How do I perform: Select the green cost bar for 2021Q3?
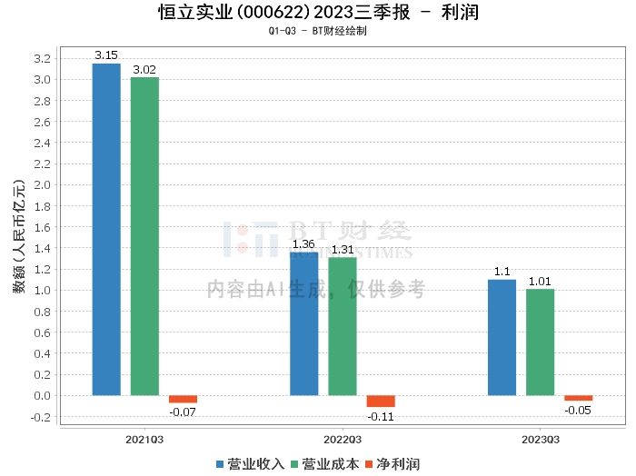[x=144, y=236]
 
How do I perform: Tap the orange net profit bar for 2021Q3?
[x=183, y=399]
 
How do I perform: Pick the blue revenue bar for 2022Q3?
[x=304, y=323]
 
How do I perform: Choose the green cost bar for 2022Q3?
[x=343, y=326]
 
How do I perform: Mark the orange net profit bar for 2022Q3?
[x=381, y=401]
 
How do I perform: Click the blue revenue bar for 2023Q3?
[x=502, y=337]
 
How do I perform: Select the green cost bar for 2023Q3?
[x=540, y=342]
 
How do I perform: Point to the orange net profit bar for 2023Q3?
[x=578, y=398]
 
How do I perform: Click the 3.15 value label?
[x=106, y=56]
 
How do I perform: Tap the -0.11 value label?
[x=381, y=415]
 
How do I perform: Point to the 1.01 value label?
[x=540, y=282]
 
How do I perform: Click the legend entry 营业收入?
[x=250, y=464]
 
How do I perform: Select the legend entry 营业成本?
[x=323, y=464]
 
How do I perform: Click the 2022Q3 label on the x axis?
[x=343, y=439]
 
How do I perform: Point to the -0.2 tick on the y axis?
[x=42, y=417]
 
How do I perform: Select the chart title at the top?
[x=318, y=13]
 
